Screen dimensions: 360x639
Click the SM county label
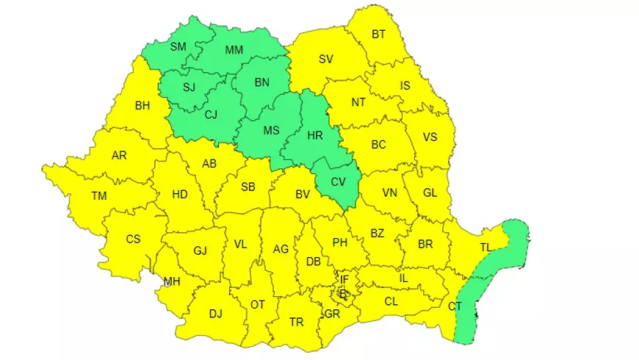[x=178, y=47]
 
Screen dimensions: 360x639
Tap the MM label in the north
[x=234, y=50]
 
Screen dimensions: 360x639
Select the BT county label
[x=378, y=34]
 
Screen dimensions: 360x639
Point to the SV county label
[x=326, y=60]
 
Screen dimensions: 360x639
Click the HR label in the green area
[x=314, y=136]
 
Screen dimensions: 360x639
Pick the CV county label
[x=338, y=181]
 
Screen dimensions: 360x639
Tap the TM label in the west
[x=98, y=196]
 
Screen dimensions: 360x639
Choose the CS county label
[x=133, y=239]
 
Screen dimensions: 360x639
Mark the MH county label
[x=172, y=281]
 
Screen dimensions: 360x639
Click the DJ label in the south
[x=215, y=314]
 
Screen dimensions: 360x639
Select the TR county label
[x=296, y=322]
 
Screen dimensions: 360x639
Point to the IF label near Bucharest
[x=344, y=279]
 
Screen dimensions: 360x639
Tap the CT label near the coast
[x=455, y=306]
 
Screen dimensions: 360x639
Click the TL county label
[x=485, y=248]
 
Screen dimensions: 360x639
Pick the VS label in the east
[x=430, y=137]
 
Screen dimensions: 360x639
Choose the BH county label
[x=142, y=106]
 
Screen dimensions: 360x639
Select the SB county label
[x=248, y=187]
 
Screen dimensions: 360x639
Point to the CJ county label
[x=211, y=114]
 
